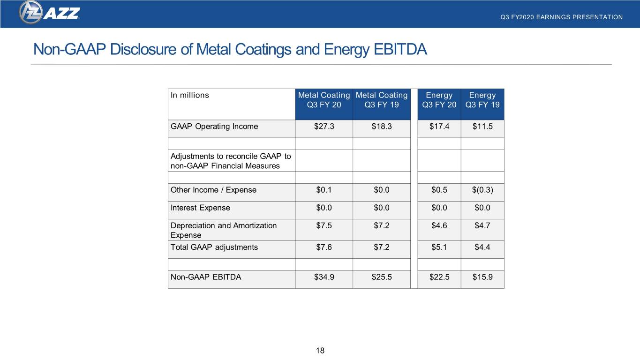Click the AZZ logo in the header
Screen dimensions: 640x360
click(49, 13)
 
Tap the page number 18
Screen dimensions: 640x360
click(320, 351)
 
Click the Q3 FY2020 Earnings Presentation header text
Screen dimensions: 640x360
click(561, 17)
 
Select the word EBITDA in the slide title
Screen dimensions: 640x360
click(400, 49)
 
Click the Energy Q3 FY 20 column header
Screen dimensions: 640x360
click(439, 100)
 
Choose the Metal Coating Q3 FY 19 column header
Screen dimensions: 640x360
click(382, 100)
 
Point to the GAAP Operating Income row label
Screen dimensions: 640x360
click(214, 126)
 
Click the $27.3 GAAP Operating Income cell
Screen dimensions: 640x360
click(324, 126)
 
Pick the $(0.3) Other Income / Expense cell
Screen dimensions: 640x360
click(482, 190)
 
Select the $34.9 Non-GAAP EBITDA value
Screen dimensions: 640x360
click(324, 277)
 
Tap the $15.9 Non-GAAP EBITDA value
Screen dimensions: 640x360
click(482, 277)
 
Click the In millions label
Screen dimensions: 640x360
click(190, 95)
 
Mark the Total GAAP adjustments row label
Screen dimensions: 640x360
click(214, 247)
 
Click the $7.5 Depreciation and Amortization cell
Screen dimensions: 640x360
click(324, 226)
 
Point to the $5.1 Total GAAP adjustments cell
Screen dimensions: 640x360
click(439, 247)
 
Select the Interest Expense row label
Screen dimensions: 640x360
click(200, 208)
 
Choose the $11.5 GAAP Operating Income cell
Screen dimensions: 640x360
click(482, 126)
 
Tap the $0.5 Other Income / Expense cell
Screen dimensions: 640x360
click(439, 190)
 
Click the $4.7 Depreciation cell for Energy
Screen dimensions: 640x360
click(482, 226)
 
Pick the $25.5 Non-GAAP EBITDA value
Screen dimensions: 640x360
click(382, 277)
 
